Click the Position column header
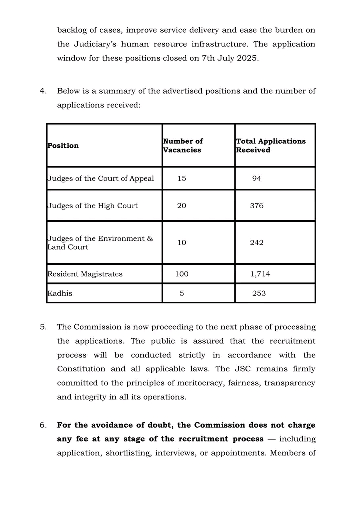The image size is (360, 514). pyautogui.click(x=63, y=146)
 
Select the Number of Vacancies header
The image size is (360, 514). pyautogui.click(x=183, y=146)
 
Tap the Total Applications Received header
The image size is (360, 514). pyautogui.click(x=271, y=146)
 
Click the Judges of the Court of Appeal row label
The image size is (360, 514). pyautogui.click(x=100, y=179)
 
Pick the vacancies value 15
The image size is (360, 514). pyautogui.click(x=182, y=179)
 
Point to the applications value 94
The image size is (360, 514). pyautogui.click(x=257, y=179)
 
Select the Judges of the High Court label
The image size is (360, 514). pyautogui.click(x=92, y=206)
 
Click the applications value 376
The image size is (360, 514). pyautogui.click(x=257, y=206)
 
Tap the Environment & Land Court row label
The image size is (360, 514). pyautogui.click(x=100, y=243)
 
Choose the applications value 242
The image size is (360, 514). pyautogui.click(x=257, y=243)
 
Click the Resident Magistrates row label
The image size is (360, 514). pyautogui.click(x=85, y=274)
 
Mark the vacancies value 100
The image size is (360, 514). pyautogui.click(x=182, y=274)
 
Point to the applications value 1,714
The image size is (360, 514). pyautogui.click(x=260, y=274)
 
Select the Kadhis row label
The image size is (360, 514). pyautogui.click(x=60, y=293)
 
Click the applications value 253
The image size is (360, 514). pyautogui.click(x=259, y=293)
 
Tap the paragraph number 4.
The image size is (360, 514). pyautogui.click(x=43, y=91)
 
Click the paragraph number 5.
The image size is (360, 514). pyautogui.click(x=43, y=327)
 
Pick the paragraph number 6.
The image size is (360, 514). pyautogui.click(x=43, y=425)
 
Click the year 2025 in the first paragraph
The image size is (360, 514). pyautogui.click(x=247, y=58)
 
